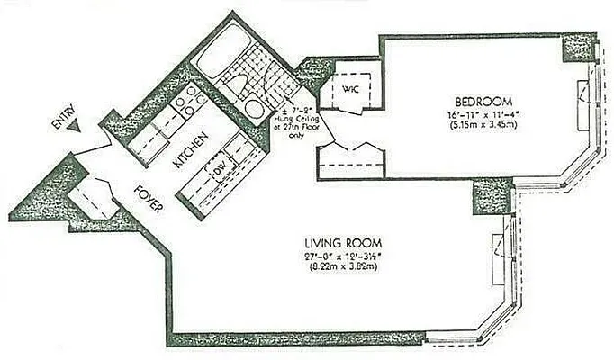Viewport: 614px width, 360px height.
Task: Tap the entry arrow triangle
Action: click(x=80, y=127)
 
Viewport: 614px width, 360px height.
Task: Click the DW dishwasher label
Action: click(x=218, y=167)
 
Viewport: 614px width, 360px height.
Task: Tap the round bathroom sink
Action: click(x=256, y=108)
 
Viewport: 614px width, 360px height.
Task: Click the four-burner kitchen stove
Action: click(x=188, y=101)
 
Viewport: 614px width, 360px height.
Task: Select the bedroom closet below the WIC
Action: click(x=351, y=158)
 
